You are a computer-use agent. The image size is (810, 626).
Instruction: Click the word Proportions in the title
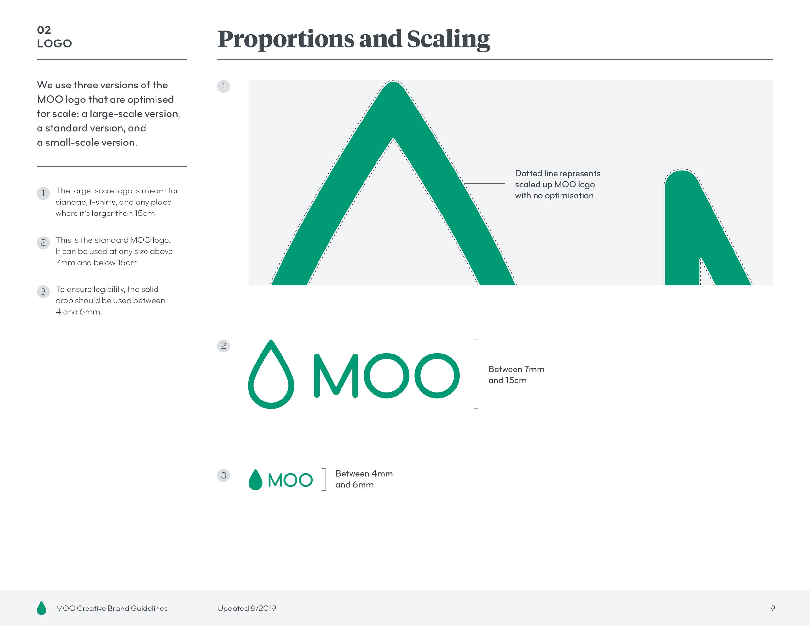[x=285, y=39]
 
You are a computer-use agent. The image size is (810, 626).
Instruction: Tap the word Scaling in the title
[x=448, y=39]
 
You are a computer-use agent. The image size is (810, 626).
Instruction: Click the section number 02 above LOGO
[x=44, y=30]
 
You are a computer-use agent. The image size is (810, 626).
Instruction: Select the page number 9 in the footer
[x=772, y=608]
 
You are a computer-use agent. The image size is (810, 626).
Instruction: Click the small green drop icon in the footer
[x=41, y=608]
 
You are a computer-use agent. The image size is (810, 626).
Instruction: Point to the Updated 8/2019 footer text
[x=247, y=608]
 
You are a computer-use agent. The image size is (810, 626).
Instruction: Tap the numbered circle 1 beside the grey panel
[x=223, y=87]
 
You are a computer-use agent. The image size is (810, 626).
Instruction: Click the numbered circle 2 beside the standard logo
[x=223, y=346]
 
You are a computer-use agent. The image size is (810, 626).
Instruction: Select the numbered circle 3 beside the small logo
[x=223, y=475]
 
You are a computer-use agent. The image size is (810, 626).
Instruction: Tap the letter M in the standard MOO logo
[x=336, y=375]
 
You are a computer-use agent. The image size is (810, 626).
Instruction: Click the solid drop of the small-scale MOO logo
[x=255, y=481]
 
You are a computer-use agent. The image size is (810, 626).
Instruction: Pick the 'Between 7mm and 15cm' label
[x=516, y=375]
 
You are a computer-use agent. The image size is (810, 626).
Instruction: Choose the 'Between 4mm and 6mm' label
[x=364, y=479]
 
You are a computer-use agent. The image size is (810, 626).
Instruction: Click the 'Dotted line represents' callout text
[x=557, y=174]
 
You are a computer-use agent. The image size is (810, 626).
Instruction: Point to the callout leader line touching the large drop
[x=484, y=184]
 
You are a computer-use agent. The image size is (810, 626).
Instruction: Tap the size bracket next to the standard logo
[x=477, y=374]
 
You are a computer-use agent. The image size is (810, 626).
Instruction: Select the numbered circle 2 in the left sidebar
[x=43, y=243]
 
